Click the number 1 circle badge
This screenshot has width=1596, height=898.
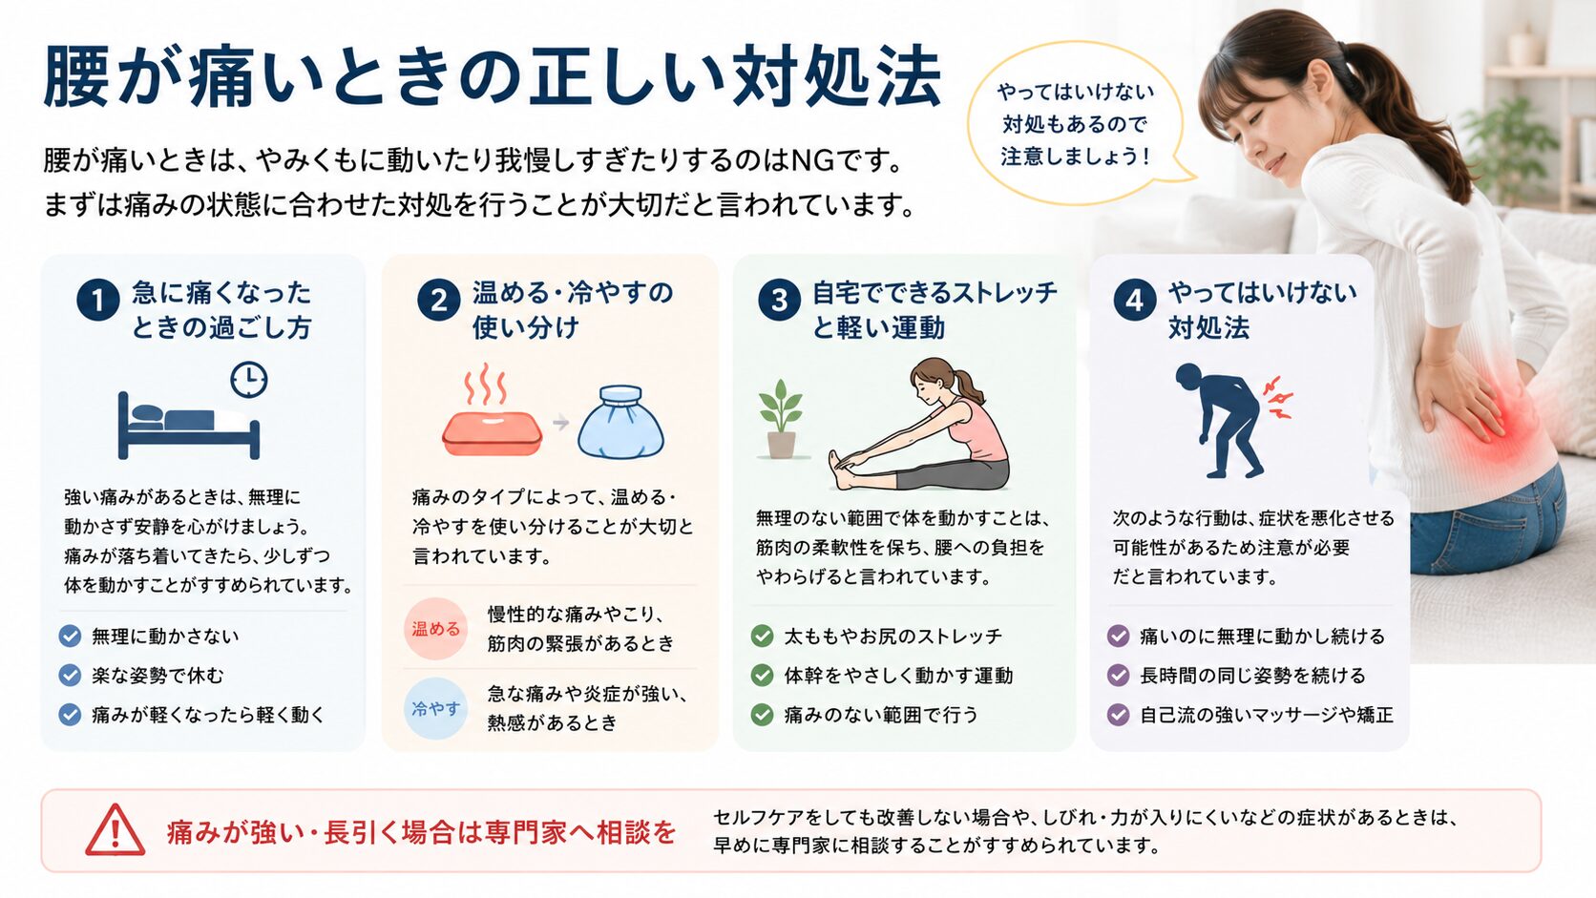97,300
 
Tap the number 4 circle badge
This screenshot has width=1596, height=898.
1135,300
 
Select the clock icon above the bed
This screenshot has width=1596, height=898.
249,380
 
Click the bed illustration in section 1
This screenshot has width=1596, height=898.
188,426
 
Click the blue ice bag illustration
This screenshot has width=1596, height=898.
620,423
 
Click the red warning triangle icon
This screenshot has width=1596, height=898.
115,830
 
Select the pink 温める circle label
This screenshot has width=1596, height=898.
435,629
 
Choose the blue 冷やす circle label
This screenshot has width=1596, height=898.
435,709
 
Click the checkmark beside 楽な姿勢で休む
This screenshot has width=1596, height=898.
70,675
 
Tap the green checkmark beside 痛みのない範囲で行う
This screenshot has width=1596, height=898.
763,714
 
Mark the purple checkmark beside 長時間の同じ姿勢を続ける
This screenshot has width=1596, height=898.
1118,675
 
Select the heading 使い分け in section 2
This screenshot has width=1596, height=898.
526,327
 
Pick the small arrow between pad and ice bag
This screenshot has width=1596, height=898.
561,423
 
